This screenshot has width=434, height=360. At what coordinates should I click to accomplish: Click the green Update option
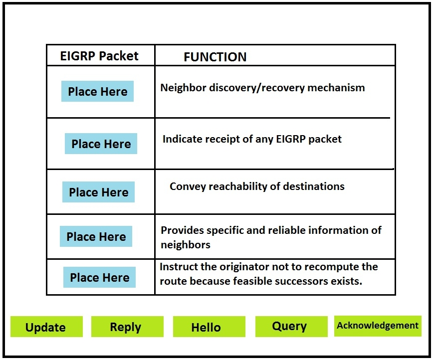(46, 327)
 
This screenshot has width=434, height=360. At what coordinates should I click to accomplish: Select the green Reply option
(127, 327)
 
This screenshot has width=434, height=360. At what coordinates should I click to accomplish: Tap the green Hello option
(209, 327)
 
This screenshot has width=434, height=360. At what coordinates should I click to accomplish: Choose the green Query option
(291, 327)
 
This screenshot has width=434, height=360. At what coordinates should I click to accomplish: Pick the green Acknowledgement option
(378, 326)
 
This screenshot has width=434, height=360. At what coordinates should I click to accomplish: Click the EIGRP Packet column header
(99, 56)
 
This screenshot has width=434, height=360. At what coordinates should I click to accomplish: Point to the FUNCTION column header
(215, 57)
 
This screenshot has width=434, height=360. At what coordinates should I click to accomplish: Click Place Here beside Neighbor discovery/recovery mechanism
(97, 91)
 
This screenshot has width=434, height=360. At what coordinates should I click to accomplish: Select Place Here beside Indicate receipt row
(101, 144)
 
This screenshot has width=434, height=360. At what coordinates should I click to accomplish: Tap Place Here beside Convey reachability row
(99, 192)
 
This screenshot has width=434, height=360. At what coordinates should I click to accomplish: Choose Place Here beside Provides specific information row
(96, 236)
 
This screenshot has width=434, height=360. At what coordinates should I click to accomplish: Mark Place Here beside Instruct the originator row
(99, 277)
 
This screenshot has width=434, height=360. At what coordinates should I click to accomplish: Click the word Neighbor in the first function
(184, 88)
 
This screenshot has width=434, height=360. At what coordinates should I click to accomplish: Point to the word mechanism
(336, 88)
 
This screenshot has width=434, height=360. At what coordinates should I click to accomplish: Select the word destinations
(314, 186)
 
